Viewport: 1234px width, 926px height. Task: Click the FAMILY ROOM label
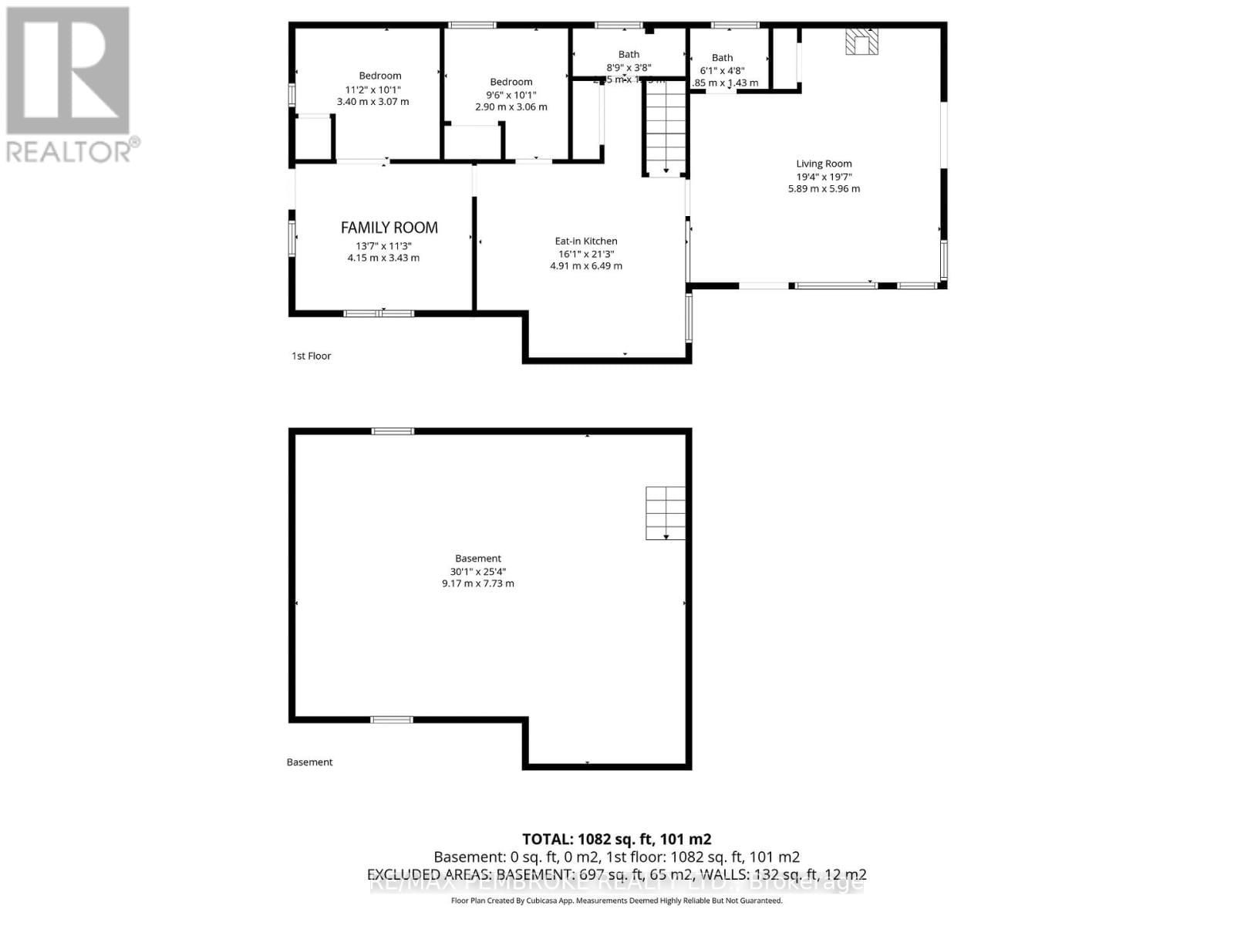point(389,228)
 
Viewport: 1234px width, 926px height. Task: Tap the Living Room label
point(824,164)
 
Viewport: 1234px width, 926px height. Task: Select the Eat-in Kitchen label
point(586,241)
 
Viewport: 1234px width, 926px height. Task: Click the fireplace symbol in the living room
point(861,42)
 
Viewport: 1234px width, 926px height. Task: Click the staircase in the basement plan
point(666,513)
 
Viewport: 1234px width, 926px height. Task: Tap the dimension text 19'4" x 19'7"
point(824,177)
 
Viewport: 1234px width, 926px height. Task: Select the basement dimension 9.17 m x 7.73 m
point(477,584)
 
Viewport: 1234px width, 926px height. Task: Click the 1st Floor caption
point(311,356)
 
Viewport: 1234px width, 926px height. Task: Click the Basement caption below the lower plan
point(309,762)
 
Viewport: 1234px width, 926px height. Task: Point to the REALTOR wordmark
point(73,150)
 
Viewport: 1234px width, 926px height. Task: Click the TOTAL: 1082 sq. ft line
point(616,839)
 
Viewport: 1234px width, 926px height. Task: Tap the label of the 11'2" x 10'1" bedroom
point(379,76)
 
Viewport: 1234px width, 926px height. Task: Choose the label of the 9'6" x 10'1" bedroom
point(511,82)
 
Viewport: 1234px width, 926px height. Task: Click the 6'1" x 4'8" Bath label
point(722,58)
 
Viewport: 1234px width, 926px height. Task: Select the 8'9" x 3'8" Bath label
point(629,54)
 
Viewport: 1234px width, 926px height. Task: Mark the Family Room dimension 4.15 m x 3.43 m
point(383,258)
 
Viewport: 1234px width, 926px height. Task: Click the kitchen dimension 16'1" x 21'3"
point(586,254)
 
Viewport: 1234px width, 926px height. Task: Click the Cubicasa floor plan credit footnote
point(616,901)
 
